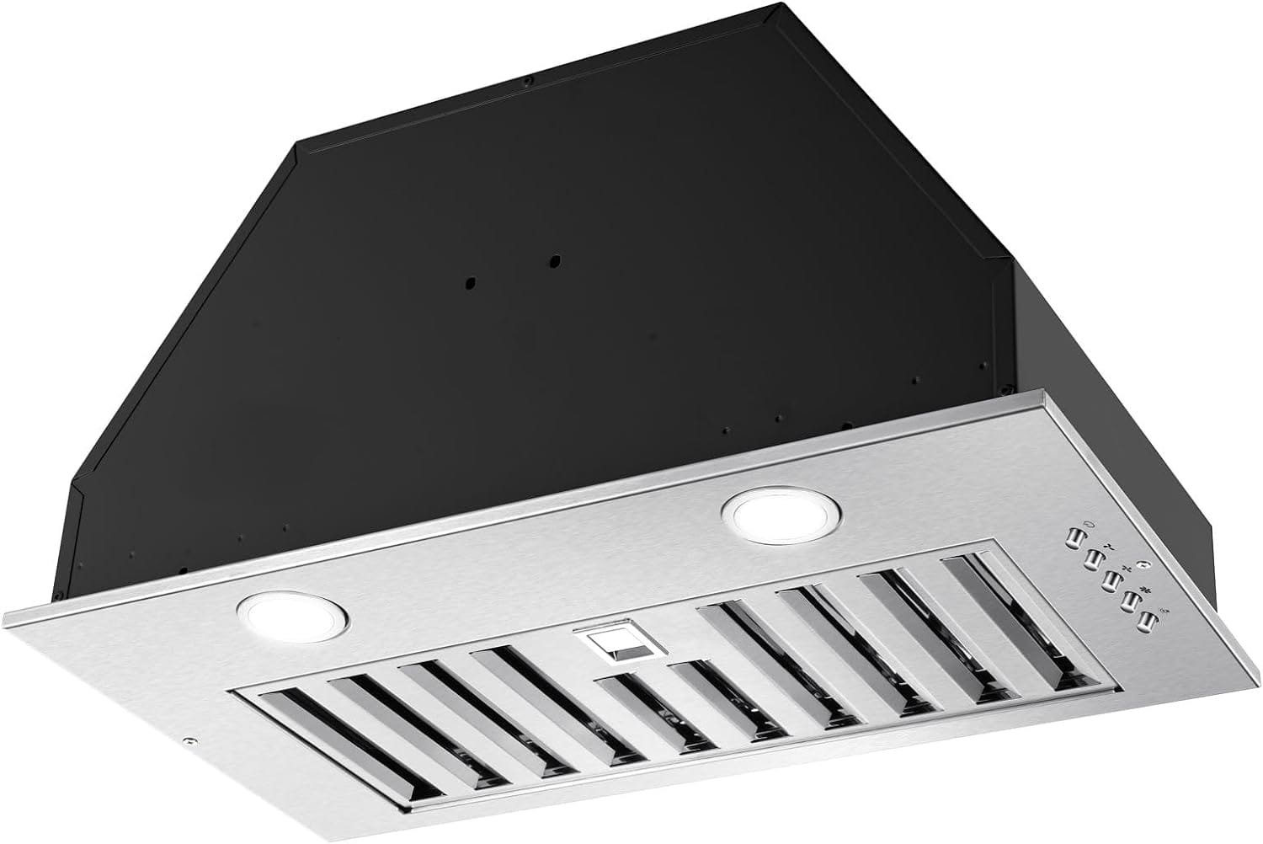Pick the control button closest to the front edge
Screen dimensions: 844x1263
click(x=1146, y=622)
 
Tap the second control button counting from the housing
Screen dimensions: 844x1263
click(x=1094, y=558)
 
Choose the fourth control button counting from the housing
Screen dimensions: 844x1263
click(x=1129, y=601)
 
